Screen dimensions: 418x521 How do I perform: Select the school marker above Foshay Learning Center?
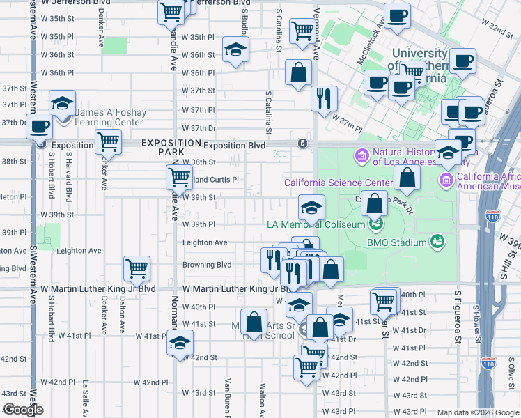[63, 104]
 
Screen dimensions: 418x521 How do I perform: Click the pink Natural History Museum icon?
[362, 154]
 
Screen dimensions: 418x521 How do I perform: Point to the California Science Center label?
[339, 183]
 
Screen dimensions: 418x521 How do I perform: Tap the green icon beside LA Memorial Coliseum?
[376, 224]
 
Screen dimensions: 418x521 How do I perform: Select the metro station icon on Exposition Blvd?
[302, 144]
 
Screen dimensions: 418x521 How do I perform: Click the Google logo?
[22, 410]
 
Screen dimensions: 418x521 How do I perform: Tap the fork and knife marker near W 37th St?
[324, 98]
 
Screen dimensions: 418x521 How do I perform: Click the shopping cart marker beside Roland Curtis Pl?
[180, 178]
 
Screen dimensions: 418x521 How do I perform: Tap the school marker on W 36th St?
[236, 49]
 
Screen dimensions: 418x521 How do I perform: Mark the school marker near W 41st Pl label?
[180, 343]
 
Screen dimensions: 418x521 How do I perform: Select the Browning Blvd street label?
[206, 265]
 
